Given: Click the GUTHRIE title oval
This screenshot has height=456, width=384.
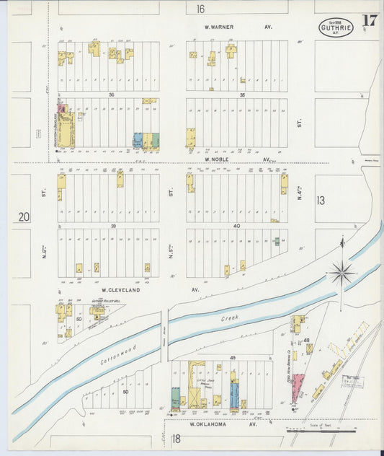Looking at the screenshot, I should pyautogui.click(x=336, y=28).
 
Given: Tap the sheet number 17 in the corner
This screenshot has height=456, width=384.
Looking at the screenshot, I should pyautogui.click(x=370, y=21).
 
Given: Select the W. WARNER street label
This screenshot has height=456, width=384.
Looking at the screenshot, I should pyautogui.click(x=218, y=27).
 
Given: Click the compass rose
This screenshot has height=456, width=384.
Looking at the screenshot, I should pyautogui.click(x=341, y=272).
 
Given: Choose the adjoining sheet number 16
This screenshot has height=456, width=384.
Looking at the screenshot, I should pyautogui.click(x=200, y=9).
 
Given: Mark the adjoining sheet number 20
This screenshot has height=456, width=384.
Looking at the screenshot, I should pyautogui.click(x=24, y=216).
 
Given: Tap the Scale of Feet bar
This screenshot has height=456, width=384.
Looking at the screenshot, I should pyautogui.click(x=321, y=431).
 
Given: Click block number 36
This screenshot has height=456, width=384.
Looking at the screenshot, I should pyautogui.click(x=112, y=95).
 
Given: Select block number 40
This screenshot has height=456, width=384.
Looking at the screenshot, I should pyautogui.click(x=236, y=226).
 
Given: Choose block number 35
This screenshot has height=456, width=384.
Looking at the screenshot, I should pyautogui.click(x=243, y=95).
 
